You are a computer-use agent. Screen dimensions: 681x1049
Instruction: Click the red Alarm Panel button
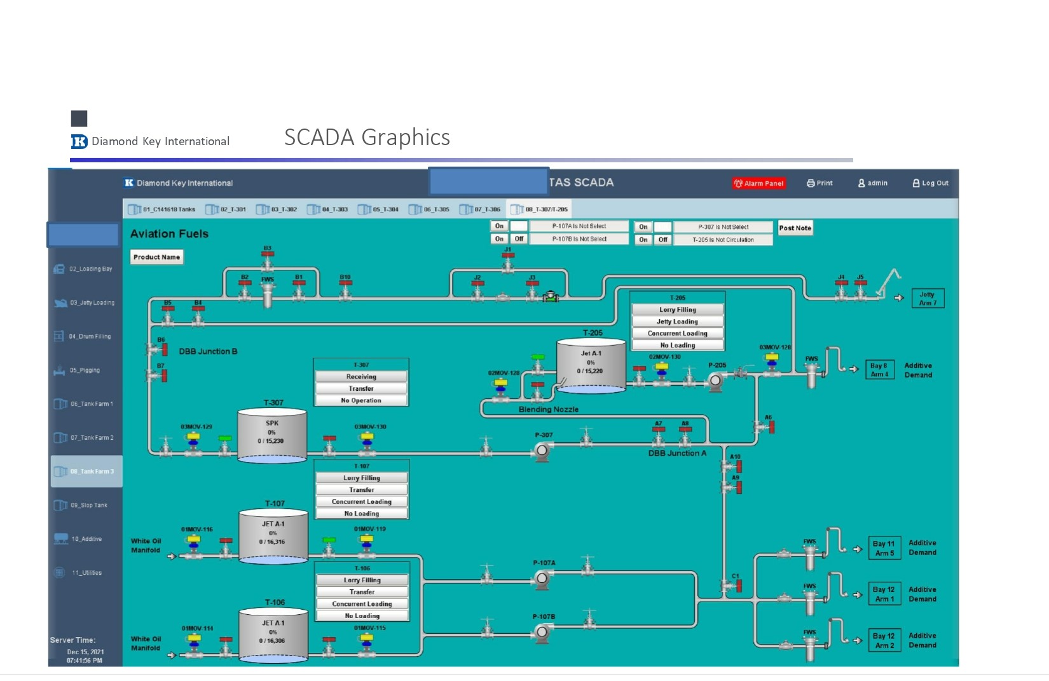(759, 183)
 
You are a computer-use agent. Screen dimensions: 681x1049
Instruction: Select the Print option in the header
(819, 183)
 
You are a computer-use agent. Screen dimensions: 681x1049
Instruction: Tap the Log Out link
(930, 183)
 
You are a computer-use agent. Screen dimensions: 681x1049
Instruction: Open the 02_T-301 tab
(226, 209)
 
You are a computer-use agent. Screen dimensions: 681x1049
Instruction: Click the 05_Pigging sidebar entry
(84, 370)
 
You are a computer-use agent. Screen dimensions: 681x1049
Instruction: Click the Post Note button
(795, 228)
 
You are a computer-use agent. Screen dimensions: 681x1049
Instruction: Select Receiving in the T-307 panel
(361, 377)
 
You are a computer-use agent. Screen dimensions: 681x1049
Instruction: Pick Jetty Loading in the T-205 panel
(677, 322)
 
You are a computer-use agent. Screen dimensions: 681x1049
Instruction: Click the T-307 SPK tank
(272, 434)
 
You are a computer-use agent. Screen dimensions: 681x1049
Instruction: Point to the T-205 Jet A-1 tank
(591, 364)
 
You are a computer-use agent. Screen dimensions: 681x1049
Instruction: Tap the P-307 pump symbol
(542, 451)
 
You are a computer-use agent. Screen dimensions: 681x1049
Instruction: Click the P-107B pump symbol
(542, 632)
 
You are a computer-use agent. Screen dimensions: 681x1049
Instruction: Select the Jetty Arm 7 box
(927, 298)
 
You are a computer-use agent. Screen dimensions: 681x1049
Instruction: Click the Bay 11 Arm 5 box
(884, 549)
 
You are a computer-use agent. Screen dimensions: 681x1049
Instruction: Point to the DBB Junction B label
(208, 351)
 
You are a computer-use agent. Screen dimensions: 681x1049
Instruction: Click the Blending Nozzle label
(548, 410)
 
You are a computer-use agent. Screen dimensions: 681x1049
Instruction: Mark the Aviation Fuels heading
(169, 234)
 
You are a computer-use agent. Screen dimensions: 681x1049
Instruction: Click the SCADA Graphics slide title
(367, 137)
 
